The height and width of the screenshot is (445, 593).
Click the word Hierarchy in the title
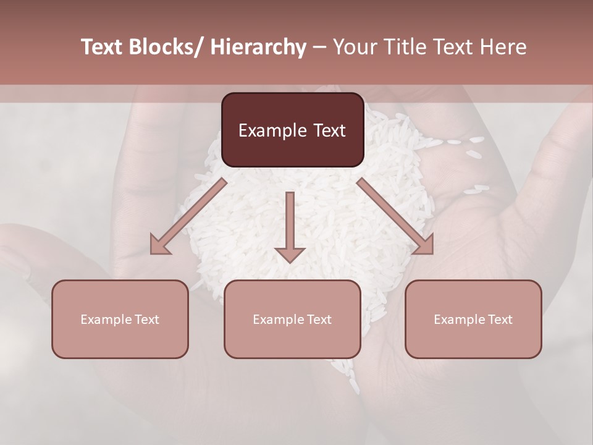pyautogui.click(x=258, y=47)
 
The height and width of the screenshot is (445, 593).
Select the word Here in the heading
pyautogui.click(x=502, y=47)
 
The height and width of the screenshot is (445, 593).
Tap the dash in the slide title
pyautogui.click(x=319, y=47)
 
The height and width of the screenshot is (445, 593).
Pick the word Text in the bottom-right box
pyautogui.click(x=499, y=320)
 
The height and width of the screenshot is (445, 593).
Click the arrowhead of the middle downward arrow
pyautogui.click(x=290, y=254)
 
